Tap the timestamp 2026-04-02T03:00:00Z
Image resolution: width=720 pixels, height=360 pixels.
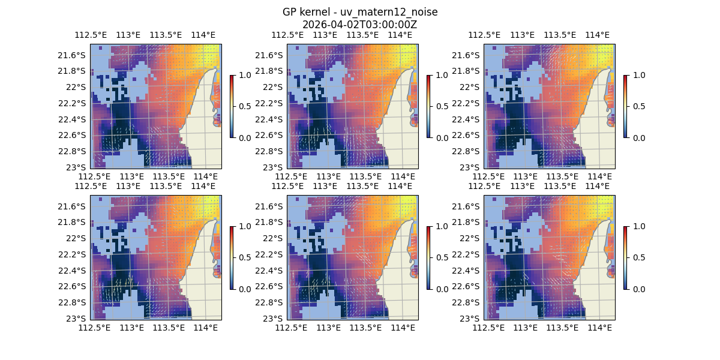pyautogui.click(x=360, y=25)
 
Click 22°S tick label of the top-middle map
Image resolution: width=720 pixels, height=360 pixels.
pyautogui.click(x=275, y=87)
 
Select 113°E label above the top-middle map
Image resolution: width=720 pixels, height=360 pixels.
pyautogui.click(x=325, y=35)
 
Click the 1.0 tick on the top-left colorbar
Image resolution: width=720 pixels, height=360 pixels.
pyautogui.click(x=243, y=75)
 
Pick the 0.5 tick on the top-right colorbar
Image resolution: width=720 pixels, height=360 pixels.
pyautogui.click(x=637, y=106)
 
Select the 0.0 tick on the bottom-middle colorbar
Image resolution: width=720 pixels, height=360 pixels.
pyautogui.click(x=440, y=289)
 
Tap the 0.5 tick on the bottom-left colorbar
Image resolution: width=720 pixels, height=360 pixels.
pyautogui.click(x=243, y=257)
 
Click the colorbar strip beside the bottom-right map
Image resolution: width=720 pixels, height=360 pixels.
pyautogui.click(x=625, y=257)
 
